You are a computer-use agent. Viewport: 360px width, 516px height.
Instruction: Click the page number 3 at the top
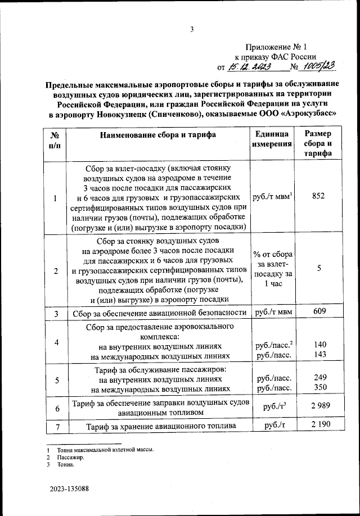(x=192, y=30)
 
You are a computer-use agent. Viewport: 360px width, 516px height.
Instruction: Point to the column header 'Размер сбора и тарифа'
(x=318, y=144)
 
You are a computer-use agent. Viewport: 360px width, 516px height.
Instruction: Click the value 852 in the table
(x=318, y=196)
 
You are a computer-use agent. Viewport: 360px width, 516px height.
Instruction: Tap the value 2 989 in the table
(x=318, y=406)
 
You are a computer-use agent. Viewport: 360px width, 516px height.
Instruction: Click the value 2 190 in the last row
(x=318, y=427)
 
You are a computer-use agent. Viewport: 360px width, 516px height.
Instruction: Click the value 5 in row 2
(x=319, y=269)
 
